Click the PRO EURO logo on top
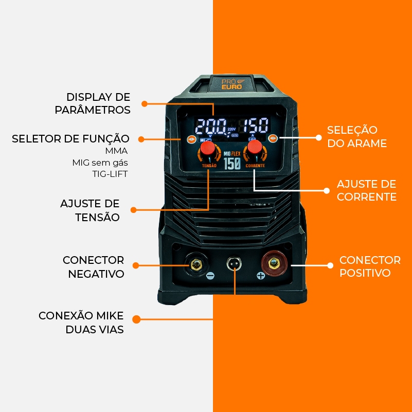(231, 83)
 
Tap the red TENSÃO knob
(207, 149)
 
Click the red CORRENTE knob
(254, 147)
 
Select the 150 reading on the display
(255, 126)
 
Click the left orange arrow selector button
(191, 139)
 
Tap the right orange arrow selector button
(273, 138)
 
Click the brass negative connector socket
(196, 265)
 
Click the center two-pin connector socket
(235, 264)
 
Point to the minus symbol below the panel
(210, 276)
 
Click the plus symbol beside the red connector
(261, 276)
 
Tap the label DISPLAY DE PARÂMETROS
(99, 103)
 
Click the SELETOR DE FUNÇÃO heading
(70, 138)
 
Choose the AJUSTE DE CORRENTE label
(366, 190)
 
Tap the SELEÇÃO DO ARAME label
(356, 136)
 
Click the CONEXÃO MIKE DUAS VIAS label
(81, 323)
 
